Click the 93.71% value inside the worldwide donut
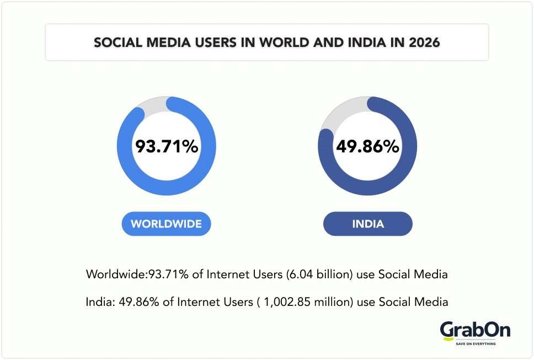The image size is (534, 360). coord(167,147)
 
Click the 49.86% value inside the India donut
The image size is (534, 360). coord(367,147)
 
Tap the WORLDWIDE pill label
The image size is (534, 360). coord(166,224)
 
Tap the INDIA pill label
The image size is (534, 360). coord(368,224)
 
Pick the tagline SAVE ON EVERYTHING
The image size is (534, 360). coord(476,344)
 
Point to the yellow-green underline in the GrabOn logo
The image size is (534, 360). coord(448,337)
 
